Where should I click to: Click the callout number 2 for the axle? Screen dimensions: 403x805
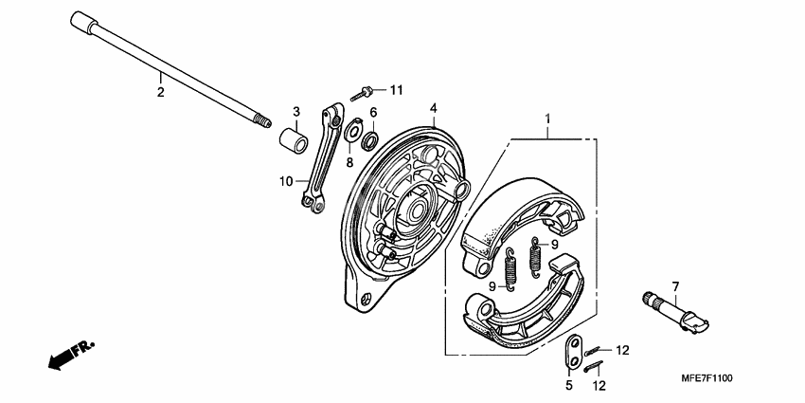160,92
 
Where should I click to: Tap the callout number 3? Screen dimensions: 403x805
295,112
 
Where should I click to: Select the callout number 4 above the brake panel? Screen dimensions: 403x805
433,108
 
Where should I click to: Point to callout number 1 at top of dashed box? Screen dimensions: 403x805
546,119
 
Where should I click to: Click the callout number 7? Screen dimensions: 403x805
675,286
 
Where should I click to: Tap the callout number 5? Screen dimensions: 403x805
570,386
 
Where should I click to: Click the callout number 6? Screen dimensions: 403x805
373,113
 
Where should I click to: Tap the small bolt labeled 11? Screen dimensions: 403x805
361,94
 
